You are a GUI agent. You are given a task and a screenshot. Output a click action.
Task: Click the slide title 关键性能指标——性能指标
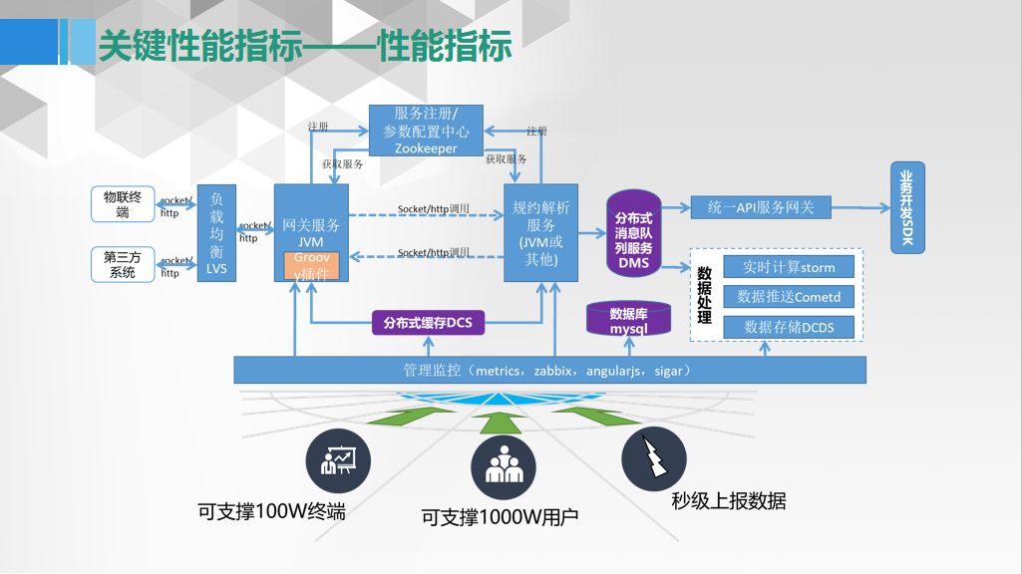pos(305,45)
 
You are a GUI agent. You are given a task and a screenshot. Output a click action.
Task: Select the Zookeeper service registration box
pos(426,130)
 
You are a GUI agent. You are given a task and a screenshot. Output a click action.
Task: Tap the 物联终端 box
pos(123,204)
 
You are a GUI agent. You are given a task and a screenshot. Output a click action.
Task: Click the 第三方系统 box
pos(123,263)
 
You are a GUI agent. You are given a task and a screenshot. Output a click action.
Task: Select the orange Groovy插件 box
pos(312,266)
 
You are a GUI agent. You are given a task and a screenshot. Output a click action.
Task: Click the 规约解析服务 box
pos(541,233)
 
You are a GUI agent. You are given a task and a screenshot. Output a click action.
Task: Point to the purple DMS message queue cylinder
pos(633,235)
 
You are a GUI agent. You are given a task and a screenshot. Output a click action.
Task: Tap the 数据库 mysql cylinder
pos(629,319)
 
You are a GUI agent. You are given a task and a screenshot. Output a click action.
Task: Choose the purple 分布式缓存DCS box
pos(427,322)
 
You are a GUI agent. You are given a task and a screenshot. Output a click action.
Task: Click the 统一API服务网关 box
pos(761,207)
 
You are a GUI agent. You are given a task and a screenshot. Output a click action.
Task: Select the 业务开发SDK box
pos(906,208)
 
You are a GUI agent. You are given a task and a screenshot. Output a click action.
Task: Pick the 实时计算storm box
pos(789,267)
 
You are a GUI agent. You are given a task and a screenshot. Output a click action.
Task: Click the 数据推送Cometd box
pos(789,297)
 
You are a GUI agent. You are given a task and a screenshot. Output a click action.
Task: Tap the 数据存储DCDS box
pos(789,327)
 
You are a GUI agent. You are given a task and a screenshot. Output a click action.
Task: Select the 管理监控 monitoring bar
pos(549,370)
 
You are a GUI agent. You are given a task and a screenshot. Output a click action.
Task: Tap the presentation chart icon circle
pos(338,459)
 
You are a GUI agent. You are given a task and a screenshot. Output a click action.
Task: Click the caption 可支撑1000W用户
pos(500,517)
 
